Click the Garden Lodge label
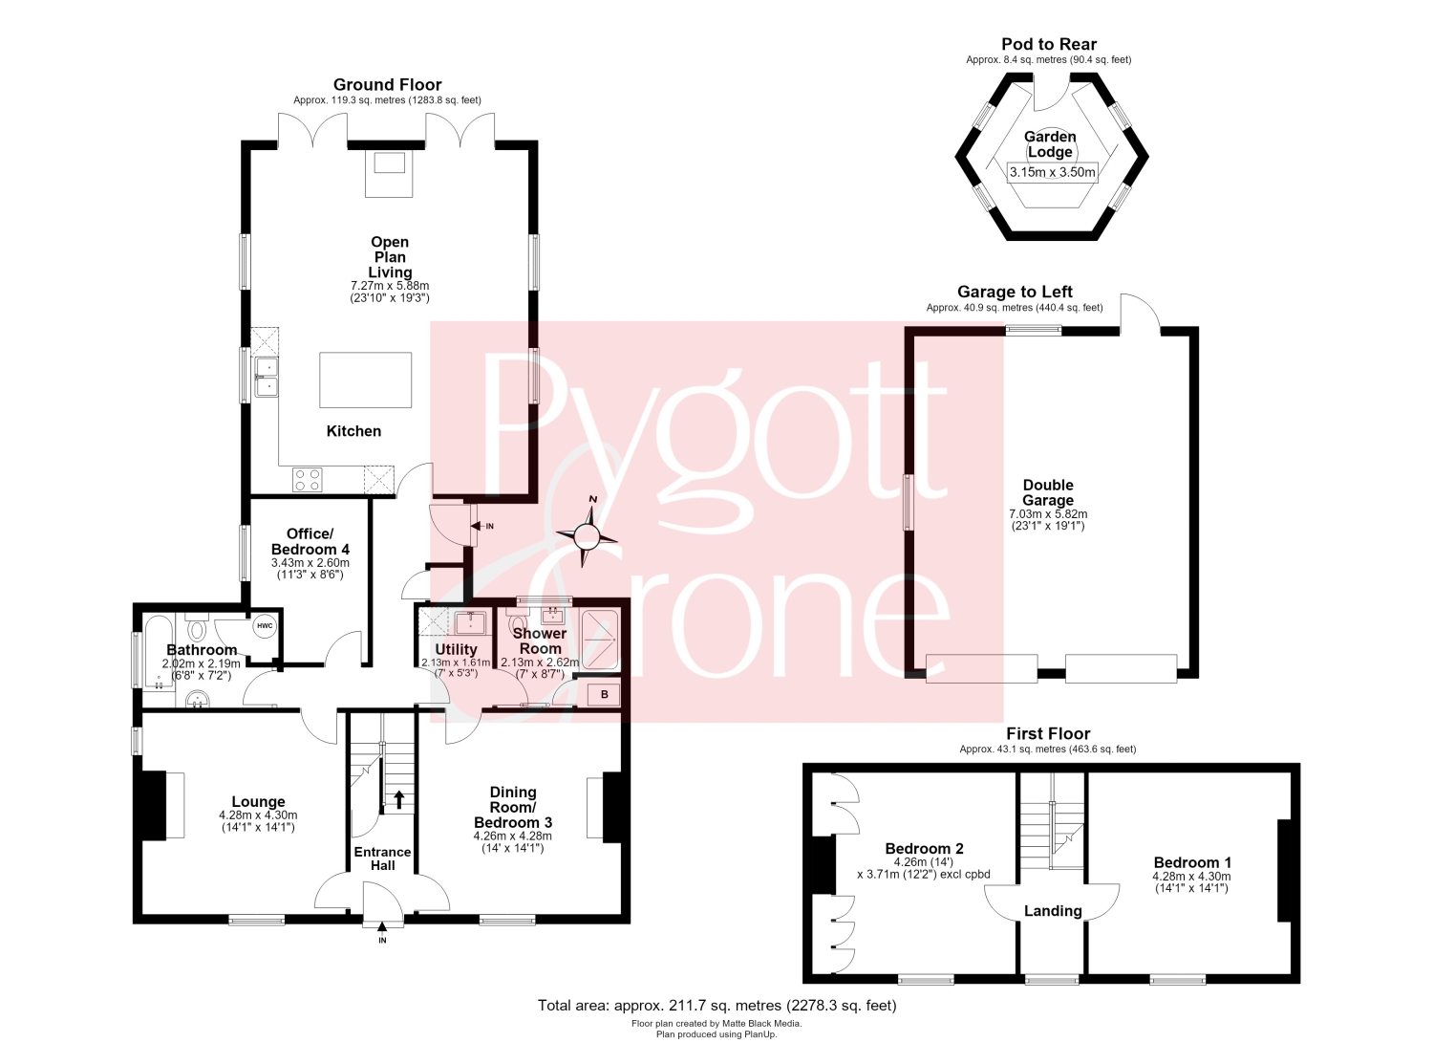tap(1050, 144)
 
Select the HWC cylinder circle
tap(265, 626)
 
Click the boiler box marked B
tap(604, 695)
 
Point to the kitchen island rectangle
tap(365, 380)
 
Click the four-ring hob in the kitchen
tap(308, 480)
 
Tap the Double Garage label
tap(1048, 492)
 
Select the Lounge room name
tap(259, 802)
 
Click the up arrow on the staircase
tap(399, 799)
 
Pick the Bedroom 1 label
tap(1192, 862)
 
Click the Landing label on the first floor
tap(1053, 910)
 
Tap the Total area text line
tap(717, 1005)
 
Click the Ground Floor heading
tap(387, 84)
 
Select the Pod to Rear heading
tap(1049, 44)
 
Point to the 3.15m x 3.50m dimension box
tap(1053, 171)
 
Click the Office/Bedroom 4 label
tap(310, 542)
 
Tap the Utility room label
tap(456, 649)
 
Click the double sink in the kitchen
tap(267, 377)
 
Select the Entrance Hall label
tap(382, 858)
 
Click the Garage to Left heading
tap(1015, 292)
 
